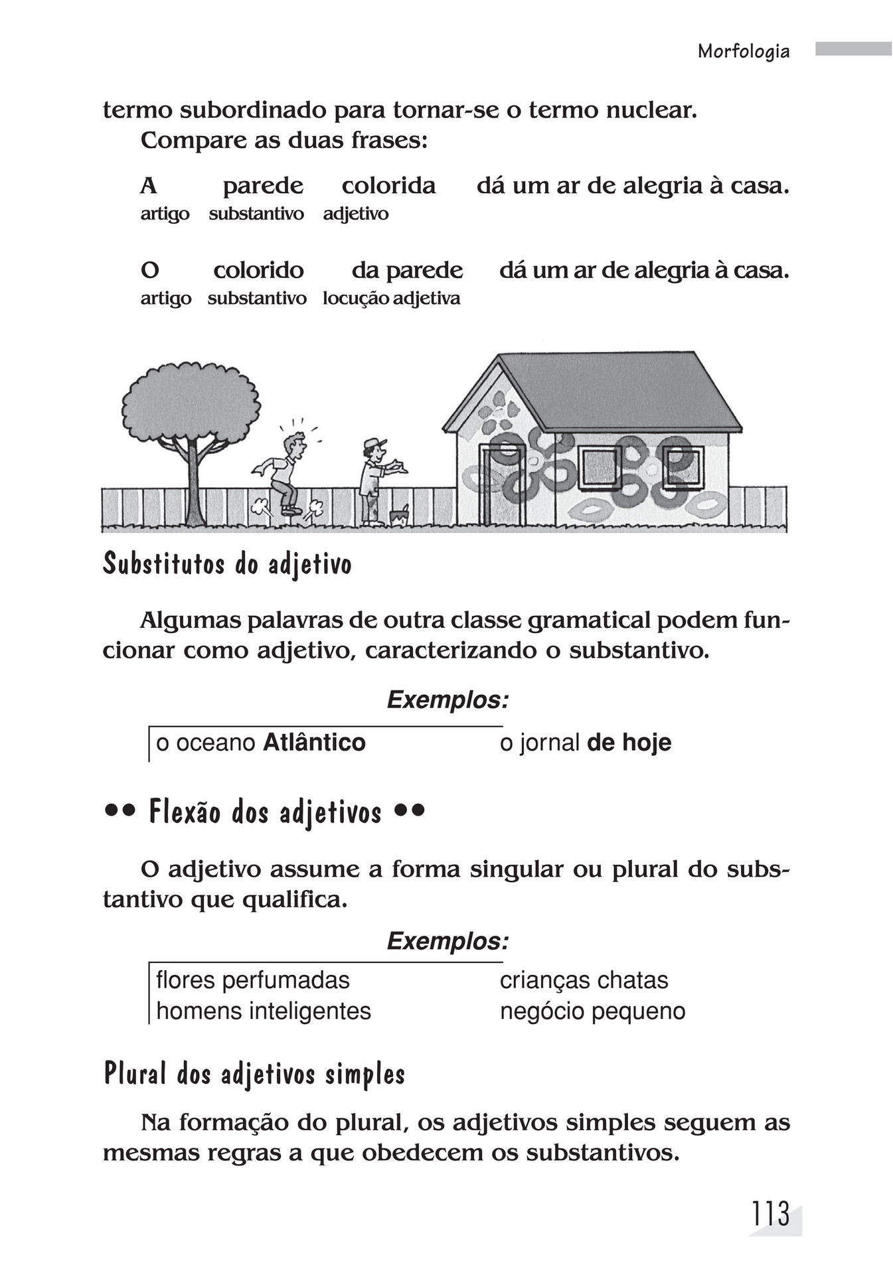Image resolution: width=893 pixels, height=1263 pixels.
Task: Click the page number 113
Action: click(770, 1214)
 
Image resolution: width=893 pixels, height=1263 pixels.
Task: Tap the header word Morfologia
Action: click(744, 52)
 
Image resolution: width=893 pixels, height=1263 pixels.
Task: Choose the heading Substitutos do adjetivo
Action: click(227, 565)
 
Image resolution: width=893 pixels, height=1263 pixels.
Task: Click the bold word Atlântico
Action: click(314, 742)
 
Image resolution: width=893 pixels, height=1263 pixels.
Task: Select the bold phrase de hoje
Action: click(629, 742)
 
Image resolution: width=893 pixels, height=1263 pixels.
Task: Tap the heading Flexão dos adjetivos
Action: click(265, 812)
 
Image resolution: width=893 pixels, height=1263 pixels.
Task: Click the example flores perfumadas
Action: click(253, 980)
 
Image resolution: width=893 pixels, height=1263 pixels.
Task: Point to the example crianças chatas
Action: click(584, 980)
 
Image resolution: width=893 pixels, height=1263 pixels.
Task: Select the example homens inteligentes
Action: click(264, 1011)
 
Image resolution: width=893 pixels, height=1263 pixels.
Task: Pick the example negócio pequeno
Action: click(592, 1011)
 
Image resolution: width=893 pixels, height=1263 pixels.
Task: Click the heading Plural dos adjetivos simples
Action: click(254, 1074)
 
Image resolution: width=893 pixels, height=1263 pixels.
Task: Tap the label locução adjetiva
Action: click(391, 299)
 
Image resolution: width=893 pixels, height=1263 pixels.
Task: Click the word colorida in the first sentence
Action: click(388, 186)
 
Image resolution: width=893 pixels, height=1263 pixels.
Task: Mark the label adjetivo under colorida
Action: click(356, 214)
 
